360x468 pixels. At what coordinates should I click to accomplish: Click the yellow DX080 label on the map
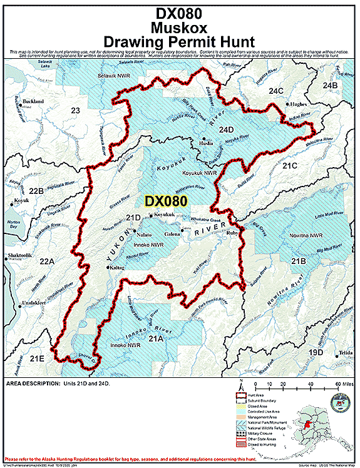(x=166, y=201)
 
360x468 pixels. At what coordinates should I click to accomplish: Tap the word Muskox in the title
(x=180, y=27)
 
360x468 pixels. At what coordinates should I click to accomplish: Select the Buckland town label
(x=33, y=101)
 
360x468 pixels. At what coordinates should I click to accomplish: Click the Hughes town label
(x=299, y=105)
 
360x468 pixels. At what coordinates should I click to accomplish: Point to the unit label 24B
(x=330, y=84)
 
